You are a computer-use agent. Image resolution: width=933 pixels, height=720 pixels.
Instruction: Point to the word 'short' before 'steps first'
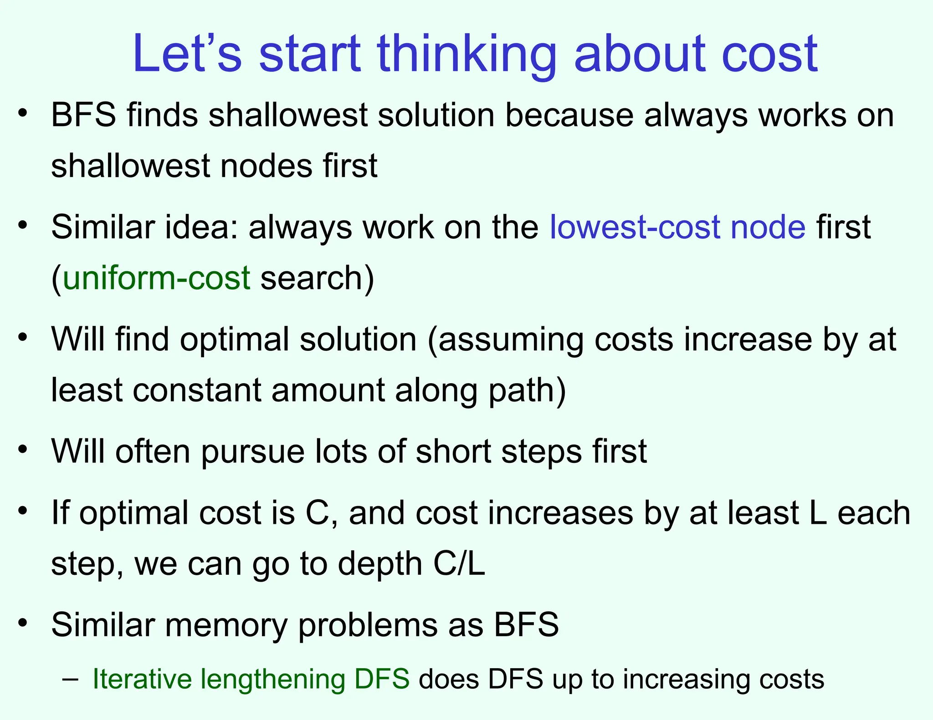click(453, 451)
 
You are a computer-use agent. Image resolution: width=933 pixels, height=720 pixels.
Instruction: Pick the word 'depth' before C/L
click(380, 563)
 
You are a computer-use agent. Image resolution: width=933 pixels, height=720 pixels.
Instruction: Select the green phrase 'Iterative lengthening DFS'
click(251, 679)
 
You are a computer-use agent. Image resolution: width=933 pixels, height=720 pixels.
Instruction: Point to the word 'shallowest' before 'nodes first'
click(130, 165)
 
